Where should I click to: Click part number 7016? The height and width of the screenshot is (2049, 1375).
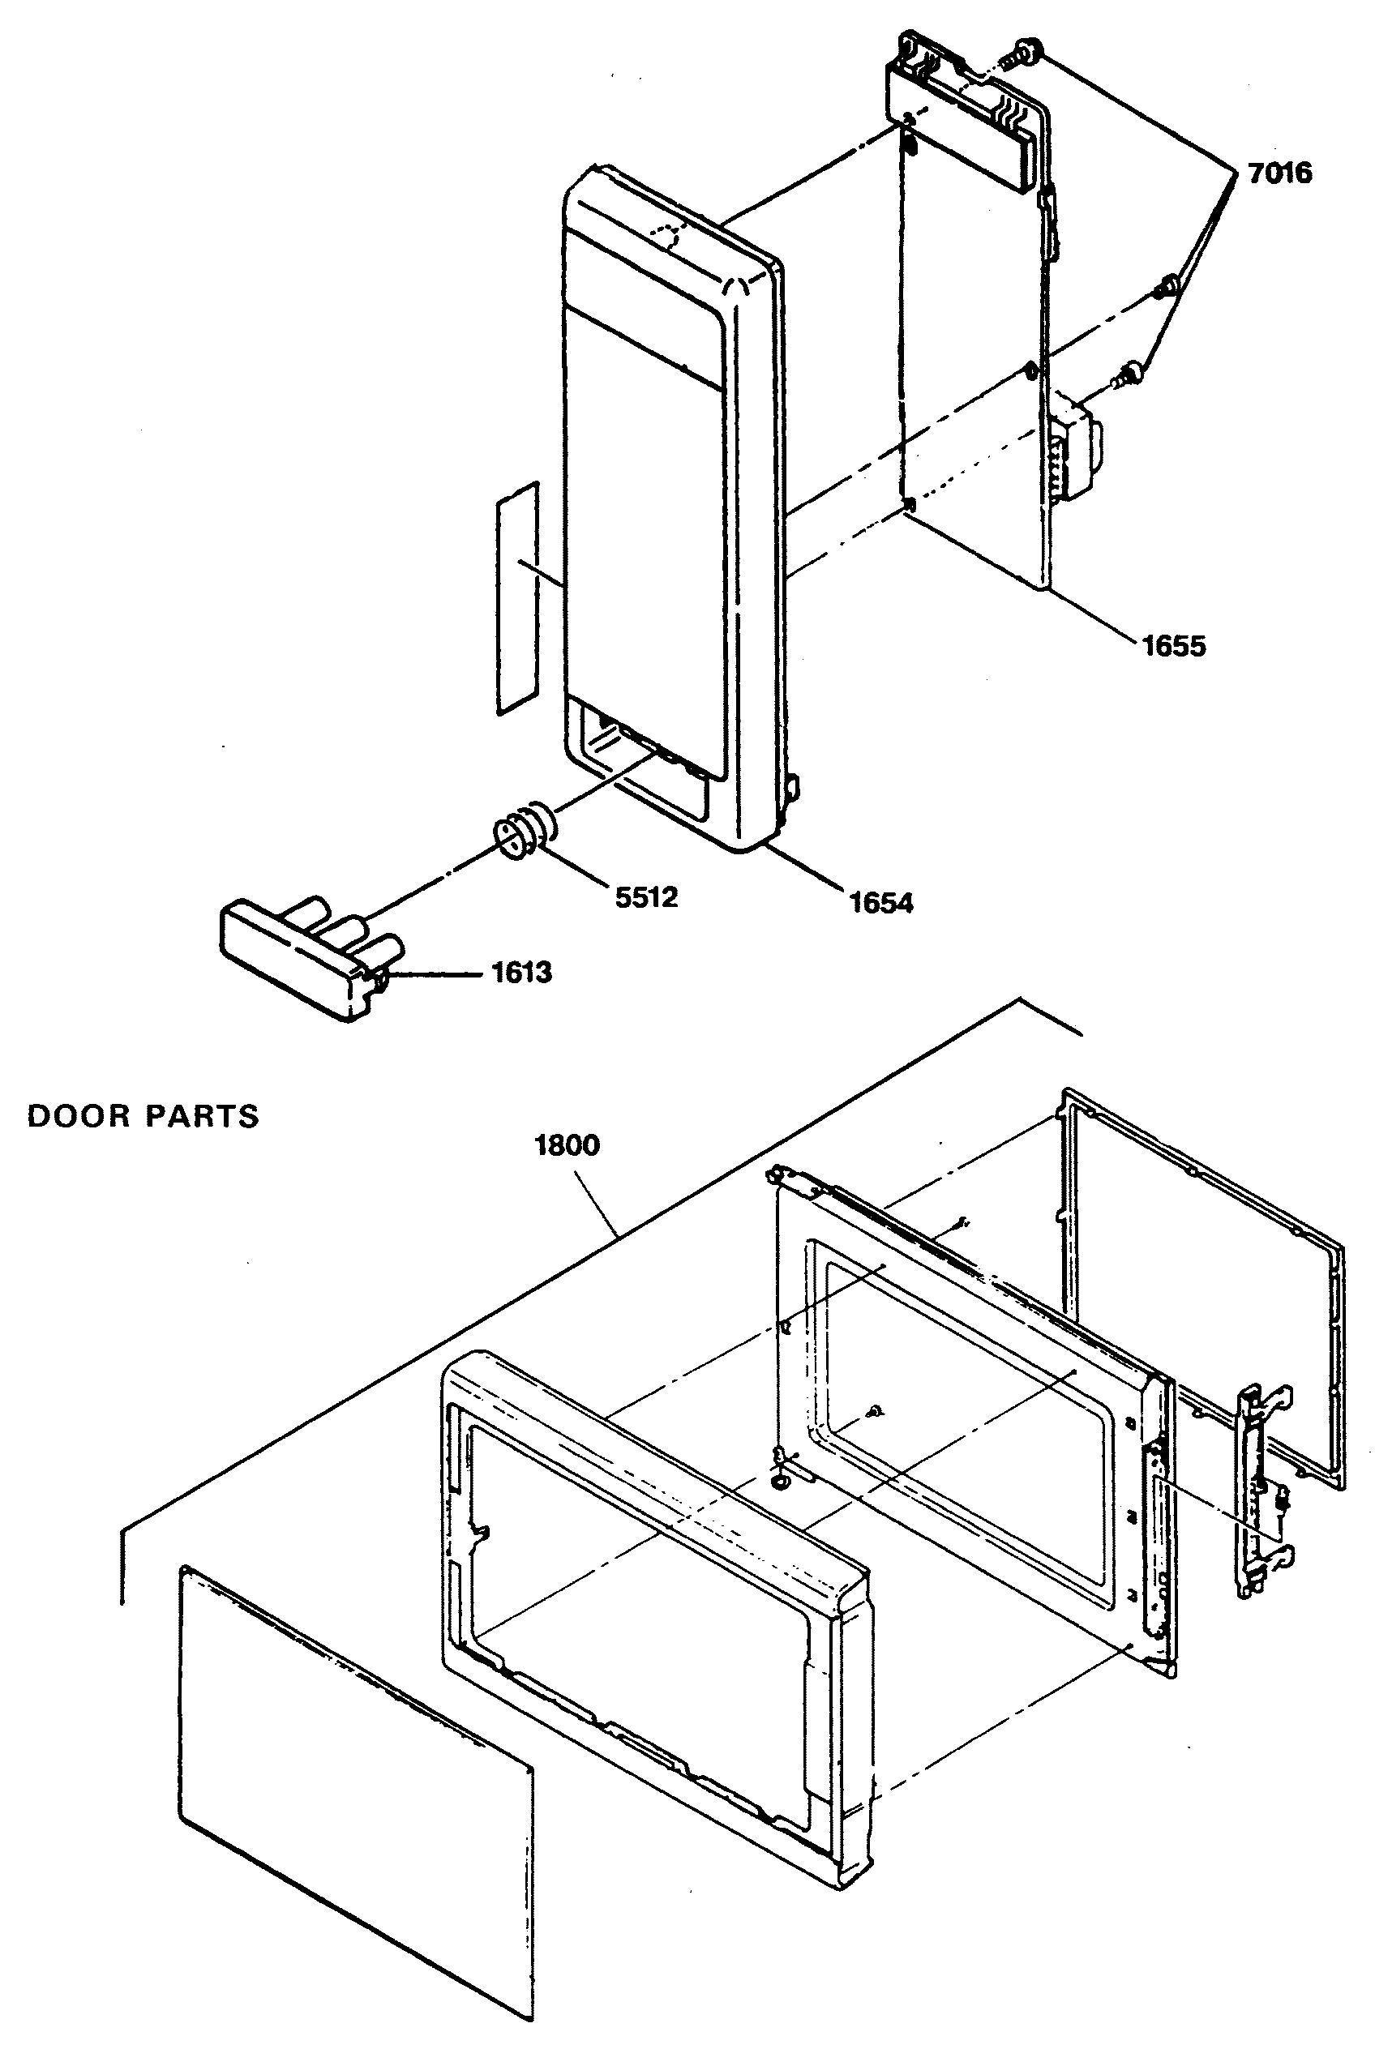tap(1279, 173)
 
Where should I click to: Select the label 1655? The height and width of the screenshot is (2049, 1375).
tap(1173, 646)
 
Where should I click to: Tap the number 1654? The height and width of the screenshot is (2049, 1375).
tap(881, 902)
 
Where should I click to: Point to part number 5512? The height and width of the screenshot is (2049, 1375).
tap(646, 897)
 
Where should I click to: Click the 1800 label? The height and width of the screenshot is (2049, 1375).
tap(568, 1145)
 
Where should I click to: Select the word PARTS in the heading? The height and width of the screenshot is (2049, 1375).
tap(202, 1116)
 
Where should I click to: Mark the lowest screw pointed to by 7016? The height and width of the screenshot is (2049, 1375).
tap(1128, 377)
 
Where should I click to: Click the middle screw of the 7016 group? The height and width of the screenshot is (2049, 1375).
tap(1167, 285)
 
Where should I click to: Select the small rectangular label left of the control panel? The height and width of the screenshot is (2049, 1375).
tap(517, 597)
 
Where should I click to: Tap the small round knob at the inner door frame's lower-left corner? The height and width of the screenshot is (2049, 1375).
tap(780, 1481)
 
